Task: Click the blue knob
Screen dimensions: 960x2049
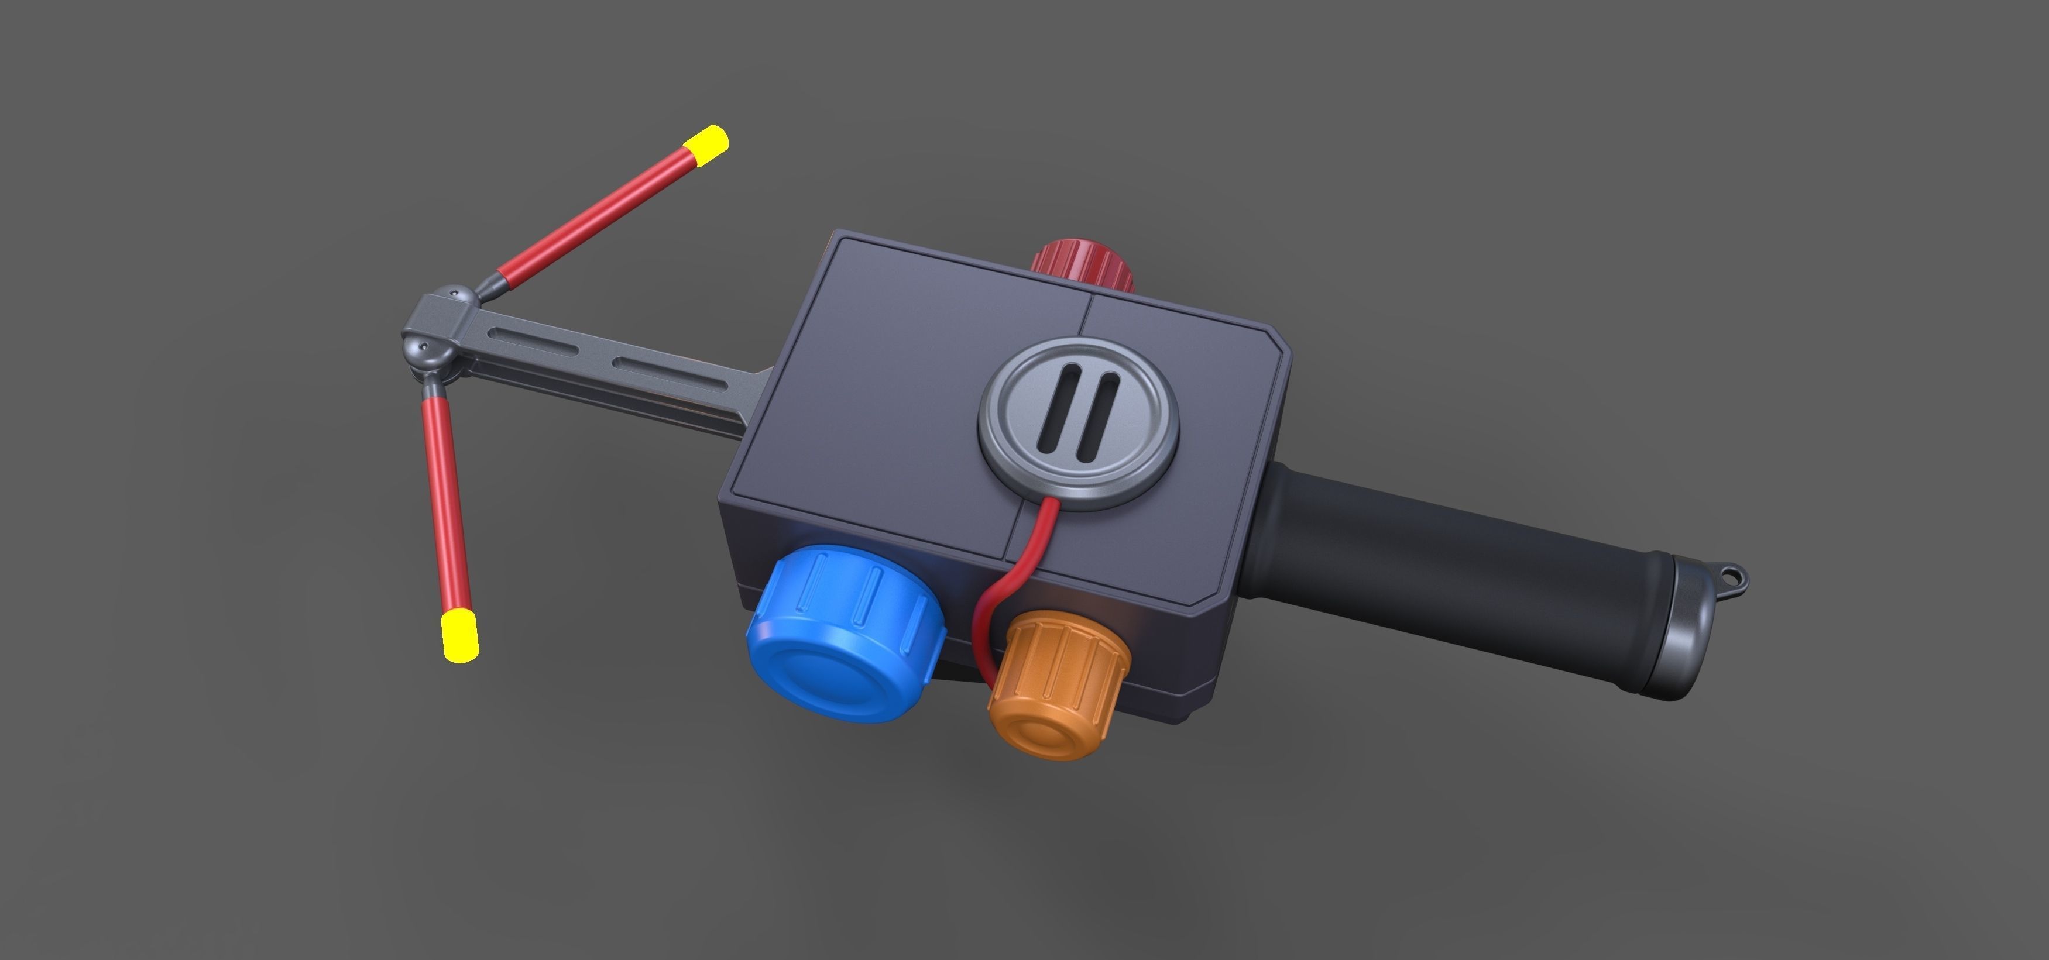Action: pyautogui.click(x=843, y=632)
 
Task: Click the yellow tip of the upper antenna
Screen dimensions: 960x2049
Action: pyautogui.click(x=706, y=146)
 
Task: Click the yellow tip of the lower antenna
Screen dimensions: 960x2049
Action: pyautogui.click(x=460, y=636)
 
